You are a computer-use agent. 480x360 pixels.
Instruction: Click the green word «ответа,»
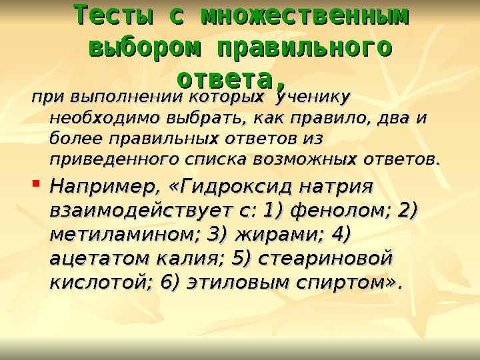(233, 78)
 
